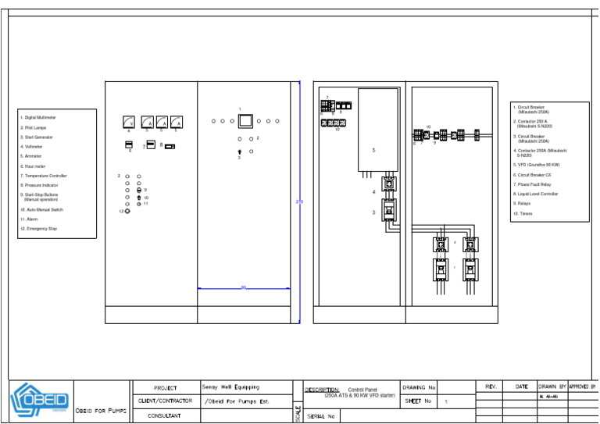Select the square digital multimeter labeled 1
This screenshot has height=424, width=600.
(x=245, y=121)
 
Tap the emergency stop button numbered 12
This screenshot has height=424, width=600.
(x=128, y=211)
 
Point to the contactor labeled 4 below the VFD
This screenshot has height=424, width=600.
(x=388, y=186)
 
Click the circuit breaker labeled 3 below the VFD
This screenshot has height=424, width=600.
(x=388, y=211)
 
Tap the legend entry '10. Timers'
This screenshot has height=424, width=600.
(x=523, y=213)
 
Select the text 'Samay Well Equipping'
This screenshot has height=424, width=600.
(x=230, y=387)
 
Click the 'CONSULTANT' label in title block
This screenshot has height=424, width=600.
(x=165, y=416)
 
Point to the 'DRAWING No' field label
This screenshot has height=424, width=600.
(x=420, y=387)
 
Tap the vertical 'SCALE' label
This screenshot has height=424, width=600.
(x=298, y=413)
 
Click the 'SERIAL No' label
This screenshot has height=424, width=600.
(x=321, y=416)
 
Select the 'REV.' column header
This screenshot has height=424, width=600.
(x=491, y=387)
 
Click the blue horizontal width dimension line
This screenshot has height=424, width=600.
(x=244, y=289)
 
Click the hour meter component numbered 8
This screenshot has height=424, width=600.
(x=170, y=146)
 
